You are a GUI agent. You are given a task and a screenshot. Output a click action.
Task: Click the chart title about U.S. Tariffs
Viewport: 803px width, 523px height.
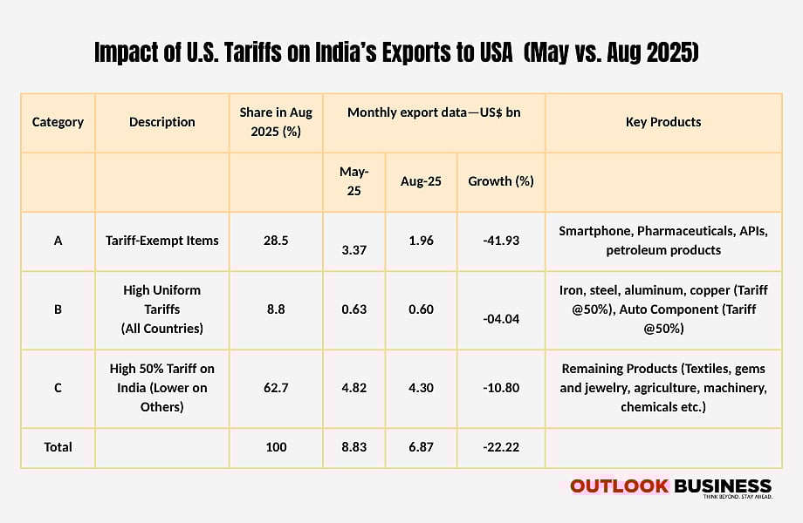click(398, 53)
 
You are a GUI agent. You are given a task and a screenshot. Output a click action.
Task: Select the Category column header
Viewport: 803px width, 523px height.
click(58, 122)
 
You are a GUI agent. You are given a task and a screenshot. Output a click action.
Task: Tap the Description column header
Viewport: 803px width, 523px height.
click(162, 122)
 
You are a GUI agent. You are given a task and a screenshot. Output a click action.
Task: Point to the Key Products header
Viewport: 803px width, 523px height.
click(663, 122)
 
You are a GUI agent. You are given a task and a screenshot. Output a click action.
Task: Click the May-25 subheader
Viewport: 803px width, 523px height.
click(354, 181)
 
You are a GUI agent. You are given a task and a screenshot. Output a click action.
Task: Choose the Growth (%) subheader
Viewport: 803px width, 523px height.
click(501, 181)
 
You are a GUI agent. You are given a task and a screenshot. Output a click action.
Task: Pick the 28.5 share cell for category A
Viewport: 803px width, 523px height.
click(276, 241)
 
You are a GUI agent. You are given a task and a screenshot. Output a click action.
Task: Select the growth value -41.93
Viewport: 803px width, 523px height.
click(501, 241)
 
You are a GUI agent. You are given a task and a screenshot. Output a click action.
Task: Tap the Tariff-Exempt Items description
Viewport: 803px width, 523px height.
click(162, 241)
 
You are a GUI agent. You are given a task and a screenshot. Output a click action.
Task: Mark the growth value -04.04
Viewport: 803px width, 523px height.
click(501, 319)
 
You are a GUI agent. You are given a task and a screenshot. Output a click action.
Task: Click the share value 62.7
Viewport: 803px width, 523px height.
click(276, 388)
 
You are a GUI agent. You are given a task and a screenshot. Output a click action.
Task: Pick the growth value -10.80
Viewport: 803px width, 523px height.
click(501, 388)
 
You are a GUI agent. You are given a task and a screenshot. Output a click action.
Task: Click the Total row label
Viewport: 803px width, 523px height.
click(58, 447)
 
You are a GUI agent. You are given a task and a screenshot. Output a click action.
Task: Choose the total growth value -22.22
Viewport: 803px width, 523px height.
click(501, 447)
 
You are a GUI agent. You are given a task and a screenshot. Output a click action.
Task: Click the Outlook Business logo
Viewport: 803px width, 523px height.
click(670, 487)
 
